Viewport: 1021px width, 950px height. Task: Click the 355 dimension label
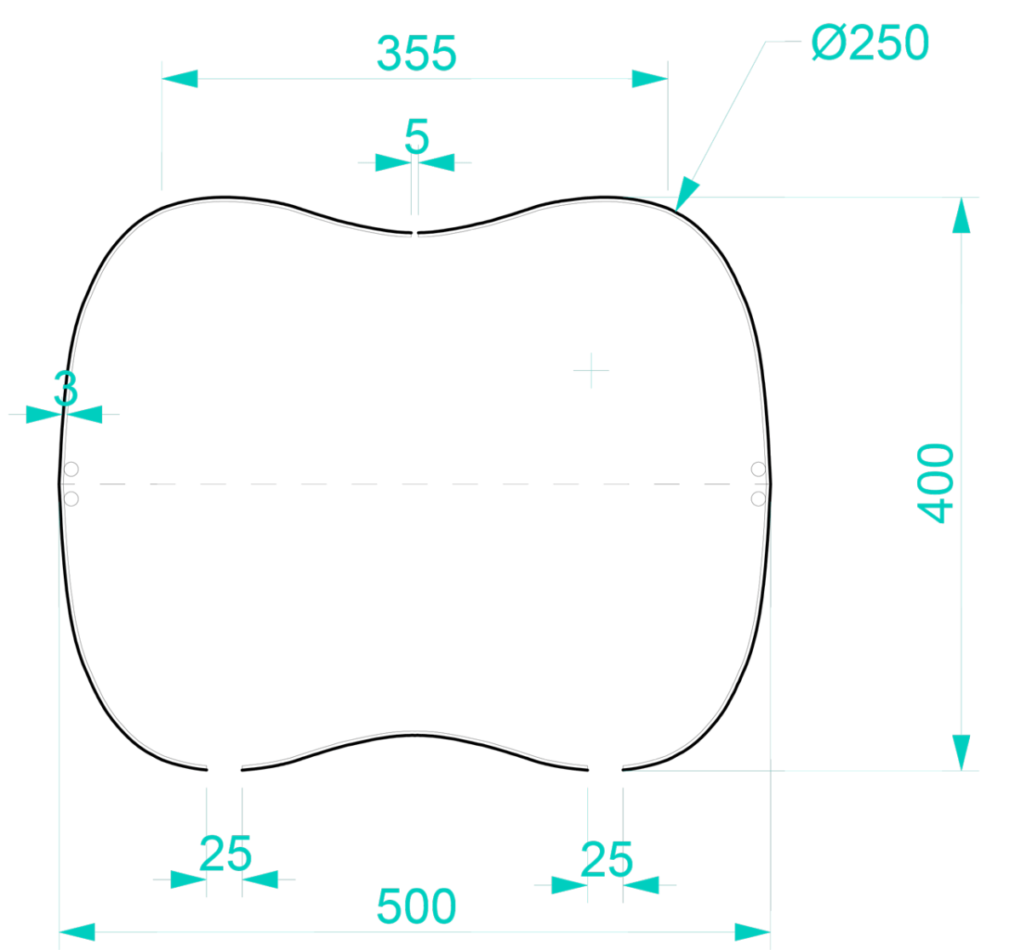coord(416,53)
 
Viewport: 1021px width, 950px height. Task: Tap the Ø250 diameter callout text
coord(870,43)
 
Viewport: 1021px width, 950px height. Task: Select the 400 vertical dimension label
coord(935,484)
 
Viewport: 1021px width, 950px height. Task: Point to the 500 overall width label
coord(416,907)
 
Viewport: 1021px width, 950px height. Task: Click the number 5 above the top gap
coord(416,136)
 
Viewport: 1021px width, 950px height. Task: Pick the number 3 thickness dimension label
coord(66,388)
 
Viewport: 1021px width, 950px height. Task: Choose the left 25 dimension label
coord(225,854)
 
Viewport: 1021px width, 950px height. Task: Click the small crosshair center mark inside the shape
coord(591,370)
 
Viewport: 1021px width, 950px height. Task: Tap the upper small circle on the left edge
coord(71,469)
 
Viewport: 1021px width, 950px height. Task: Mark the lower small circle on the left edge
coord(71,498)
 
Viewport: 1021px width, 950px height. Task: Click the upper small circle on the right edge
coord(758,469)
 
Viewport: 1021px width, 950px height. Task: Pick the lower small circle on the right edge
coord(758,498)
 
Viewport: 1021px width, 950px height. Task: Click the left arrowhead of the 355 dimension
coord(180,78)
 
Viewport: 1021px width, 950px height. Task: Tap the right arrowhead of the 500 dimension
coord(753,932)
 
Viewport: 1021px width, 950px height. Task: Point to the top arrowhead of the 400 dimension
coord(961,215)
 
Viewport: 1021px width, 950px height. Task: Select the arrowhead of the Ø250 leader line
coord(686,194)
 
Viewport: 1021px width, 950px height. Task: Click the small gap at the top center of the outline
coord(415,233)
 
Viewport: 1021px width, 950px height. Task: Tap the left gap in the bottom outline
coord(224,770)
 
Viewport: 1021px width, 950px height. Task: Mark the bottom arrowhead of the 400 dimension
coord(961,753)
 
